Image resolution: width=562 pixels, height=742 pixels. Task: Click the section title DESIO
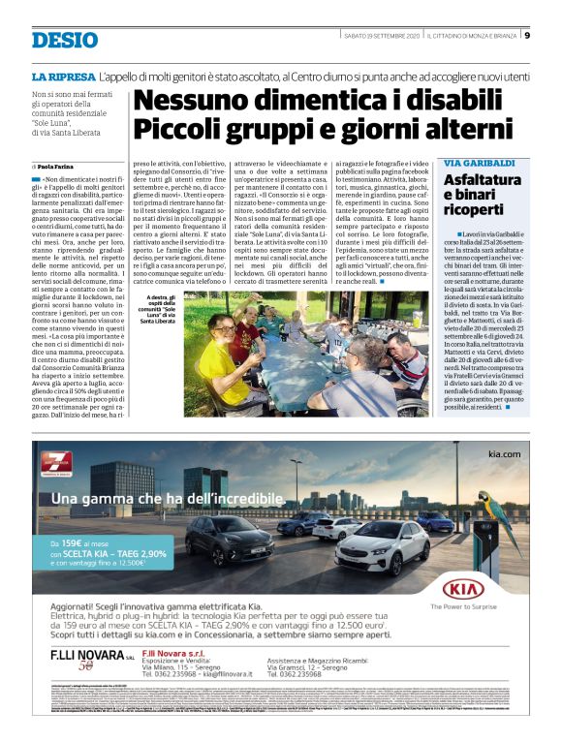(65, 40)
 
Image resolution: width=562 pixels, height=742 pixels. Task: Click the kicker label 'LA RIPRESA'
(64, 76)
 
